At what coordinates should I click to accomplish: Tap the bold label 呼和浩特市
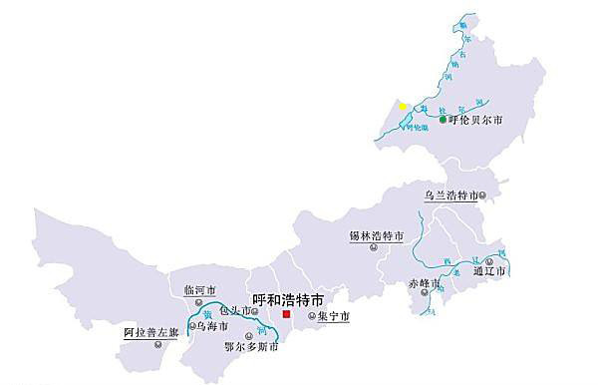pos(287,298)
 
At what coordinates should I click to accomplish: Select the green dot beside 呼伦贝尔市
pos(443,120)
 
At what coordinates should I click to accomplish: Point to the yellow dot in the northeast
pos(403,106)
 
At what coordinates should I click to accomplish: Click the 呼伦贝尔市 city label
pos(476,121)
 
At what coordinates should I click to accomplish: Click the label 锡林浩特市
pos(376,236)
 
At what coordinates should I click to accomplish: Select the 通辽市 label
pos(491,270)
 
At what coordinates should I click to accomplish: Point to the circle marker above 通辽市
pos(489,259)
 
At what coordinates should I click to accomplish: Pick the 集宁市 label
pos(333,316)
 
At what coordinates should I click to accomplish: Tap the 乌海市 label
pos(211,325)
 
